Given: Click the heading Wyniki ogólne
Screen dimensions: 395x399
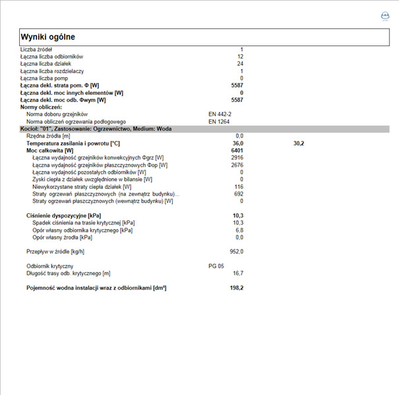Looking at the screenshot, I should (x=48, y=37).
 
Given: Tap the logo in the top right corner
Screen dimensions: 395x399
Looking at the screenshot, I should (x=386, y=16).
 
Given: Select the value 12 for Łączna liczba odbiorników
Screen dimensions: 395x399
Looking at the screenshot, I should (x=240, y=57).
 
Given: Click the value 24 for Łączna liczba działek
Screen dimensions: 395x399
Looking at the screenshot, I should (x=240, y=64).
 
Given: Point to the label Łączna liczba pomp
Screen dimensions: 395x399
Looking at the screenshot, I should (x=43, y=78).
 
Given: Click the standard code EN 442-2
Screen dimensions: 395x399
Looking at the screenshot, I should (x=220, y=114).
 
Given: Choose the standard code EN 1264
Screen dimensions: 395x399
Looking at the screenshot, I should (x=218, y=121).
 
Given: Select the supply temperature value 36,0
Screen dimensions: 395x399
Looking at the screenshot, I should (x=238, y=143).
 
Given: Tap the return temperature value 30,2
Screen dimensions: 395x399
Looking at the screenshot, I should (x=298, y=143).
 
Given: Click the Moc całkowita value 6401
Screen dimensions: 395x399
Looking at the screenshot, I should (x=237, y=150).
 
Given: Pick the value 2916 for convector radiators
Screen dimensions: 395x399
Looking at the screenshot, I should (x=237, y=157).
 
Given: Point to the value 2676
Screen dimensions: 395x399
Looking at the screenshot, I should (x=237, y=165).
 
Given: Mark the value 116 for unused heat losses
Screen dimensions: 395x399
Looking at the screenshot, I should (x=239, y=186).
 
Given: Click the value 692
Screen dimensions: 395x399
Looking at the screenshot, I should (x=239, y=194).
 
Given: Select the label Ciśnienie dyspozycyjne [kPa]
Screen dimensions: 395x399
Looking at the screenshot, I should (x=63, y=215).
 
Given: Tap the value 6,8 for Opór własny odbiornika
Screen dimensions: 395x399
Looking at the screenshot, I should (x=239, y=230).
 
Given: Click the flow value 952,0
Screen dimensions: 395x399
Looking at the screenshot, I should (x=237, y=251).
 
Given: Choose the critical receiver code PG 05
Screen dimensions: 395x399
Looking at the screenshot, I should (x=216, y=266).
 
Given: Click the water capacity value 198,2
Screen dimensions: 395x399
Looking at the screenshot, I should (x=237, y=288).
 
